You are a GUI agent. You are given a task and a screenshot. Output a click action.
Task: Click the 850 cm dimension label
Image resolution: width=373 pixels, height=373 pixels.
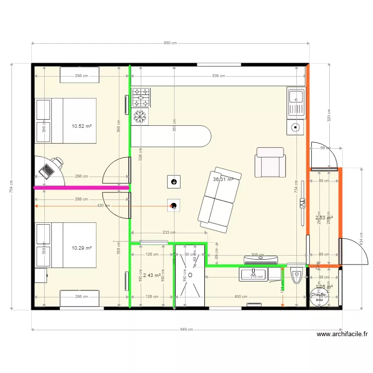coord(170,43)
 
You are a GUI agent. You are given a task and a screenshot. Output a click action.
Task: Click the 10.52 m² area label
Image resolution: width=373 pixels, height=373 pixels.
coord(82,126)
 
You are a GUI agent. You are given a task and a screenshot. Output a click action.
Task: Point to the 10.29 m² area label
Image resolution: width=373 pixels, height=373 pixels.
coord(82,248)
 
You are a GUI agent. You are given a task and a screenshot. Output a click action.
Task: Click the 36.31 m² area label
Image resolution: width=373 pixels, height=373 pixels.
coord(223,180)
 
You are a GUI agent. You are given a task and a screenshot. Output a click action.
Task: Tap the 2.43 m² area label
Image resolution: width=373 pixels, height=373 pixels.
coord(152,275)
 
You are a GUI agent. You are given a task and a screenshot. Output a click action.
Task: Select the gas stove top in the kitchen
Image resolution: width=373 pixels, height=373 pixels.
coord(141,97)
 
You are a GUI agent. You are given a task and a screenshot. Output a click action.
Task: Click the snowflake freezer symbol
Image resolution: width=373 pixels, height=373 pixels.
coord(141,117)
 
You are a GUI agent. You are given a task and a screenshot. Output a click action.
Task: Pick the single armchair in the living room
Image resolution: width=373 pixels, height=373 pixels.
coord(270,162)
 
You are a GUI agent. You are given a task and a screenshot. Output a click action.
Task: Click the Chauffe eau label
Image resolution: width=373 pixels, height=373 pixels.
coord(318,296)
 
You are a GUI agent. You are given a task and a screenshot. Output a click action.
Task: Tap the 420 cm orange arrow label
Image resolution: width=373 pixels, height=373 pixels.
coord(103,205)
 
